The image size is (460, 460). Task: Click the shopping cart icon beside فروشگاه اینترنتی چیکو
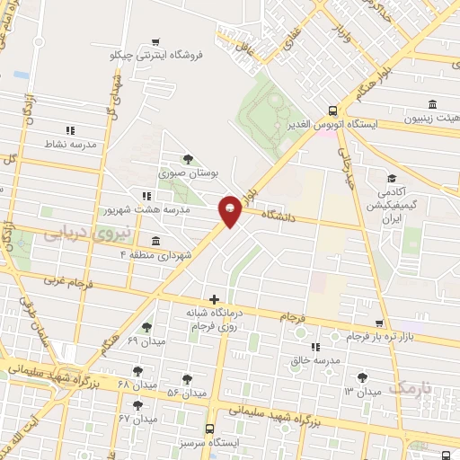pos(155,41)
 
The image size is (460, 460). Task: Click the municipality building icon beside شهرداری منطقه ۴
pos(156,241)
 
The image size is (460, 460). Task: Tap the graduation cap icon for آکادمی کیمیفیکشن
pos(391,177)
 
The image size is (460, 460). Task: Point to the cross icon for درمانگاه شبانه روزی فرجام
pos(214,299)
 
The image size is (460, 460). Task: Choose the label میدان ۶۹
pos(144,341)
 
